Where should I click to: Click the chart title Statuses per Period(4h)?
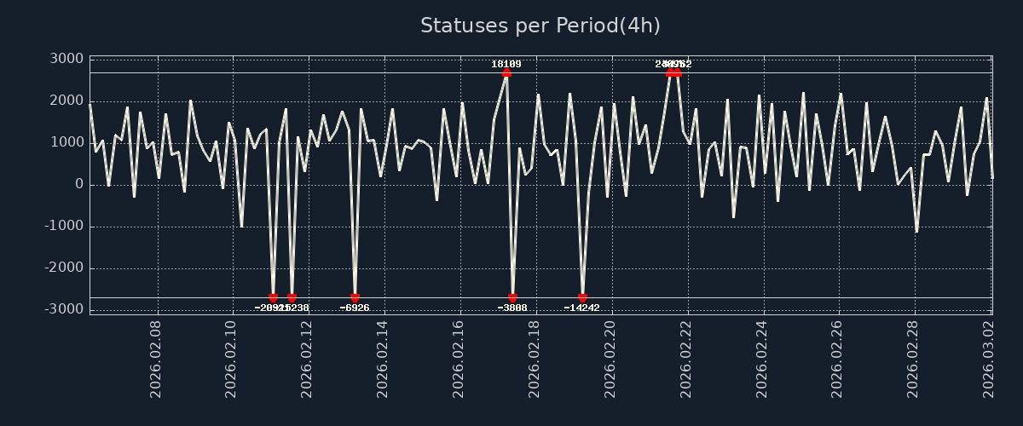pyautogui.click(x=540, y=26)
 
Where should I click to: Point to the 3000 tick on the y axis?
pyautogui.click(x=66, y=59)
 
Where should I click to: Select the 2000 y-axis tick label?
pyautogui.click(x=66, y=101)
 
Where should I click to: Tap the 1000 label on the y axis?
pyautogui.click(x=66, y=142)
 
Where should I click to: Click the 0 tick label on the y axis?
pyautogui.click(x=78, y=184)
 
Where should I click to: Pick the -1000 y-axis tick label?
pyautogui.click(x=63, y=226)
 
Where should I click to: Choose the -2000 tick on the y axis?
pyautogui.click(x=63, y=268)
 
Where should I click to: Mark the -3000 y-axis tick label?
pyautogui.click(x=63, y=309)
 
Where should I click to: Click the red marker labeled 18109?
pyautogui.click(x=506, y=72)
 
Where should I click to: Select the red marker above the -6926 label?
pyautogui.click(x=355, y=298)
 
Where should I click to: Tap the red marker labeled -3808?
pyautogui.click(x=512, y=298)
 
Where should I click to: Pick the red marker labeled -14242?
pyautogui.click(x=582, y=298)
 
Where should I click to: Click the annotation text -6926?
pyautogui.click(x=355, y=308)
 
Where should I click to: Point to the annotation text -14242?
pyautogui.click(x=581, y=308)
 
